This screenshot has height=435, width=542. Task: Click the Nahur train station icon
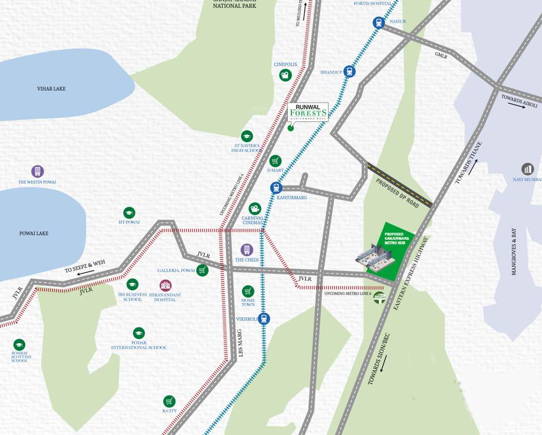point(379,23)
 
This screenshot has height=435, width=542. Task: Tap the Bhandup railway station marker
point(349,71)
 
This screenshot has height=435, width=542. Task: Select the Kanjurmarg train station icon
point(276,187)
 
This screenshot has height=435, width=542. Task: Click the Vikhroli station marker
point(264,319)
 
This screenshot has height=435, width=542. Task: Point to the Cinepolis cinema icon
point(285,75)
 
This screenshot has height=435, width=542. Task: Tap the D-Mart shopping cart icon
point(275,161)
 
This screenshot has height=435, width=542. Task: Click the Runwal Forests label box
point(308,113)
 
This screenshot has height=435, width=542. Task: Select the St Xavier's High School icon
point(247,136)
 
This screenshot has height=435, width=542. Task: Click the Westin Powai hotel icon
point(37,171)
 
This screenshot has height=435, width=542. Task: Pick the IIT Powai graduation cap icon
point(129,213)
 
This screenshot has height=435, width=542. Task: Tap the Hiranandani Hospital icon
point(165,285)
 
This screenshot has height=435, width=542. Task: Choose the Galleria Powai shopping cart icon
point(203,270)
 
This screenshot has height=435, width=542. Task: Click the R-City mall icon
point(169,401)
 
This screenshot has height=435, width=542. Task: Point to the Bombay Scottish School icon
point(19,344)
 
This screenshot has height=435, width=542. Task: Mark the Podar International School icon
point(139,333)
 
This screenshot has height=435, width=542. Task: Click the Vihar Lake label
point(52,89)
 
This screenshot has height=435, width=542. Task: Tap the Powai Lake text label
point(34,233)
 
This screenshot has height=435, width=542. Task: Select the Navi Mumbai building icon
point(528,169)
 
